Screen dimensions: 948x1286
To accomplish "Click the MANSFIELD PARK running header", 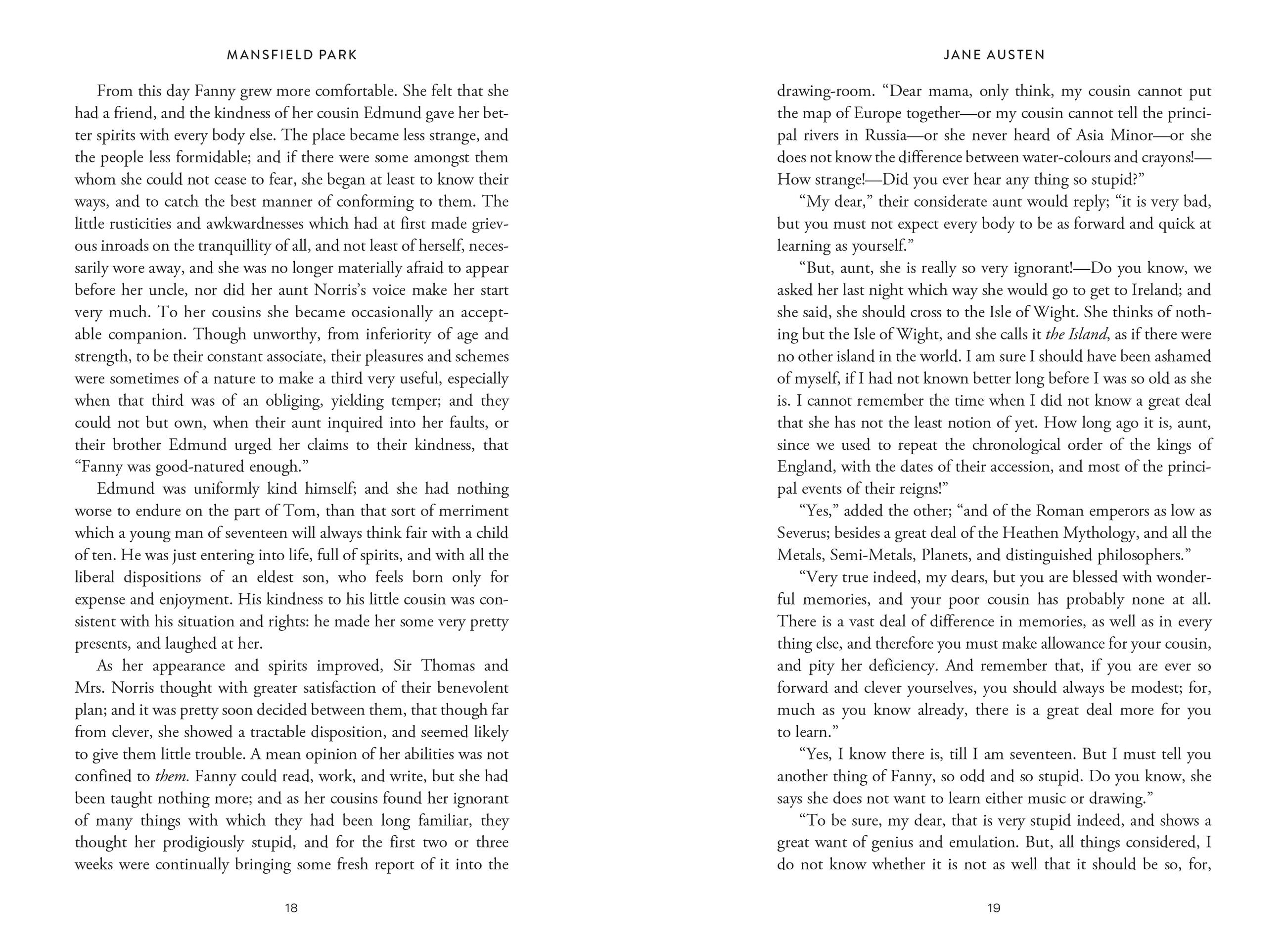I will tap(292, 55).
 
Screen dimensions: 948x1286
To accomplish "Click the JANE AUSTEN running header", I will tap(994, 55).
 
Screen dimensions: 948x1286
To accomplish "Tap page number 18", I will tap(291, 908).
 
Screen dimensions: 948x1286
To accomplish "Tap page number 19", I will tap(994, 908).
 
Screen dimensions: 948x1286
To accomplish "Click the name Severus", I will tap(801, 533).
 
